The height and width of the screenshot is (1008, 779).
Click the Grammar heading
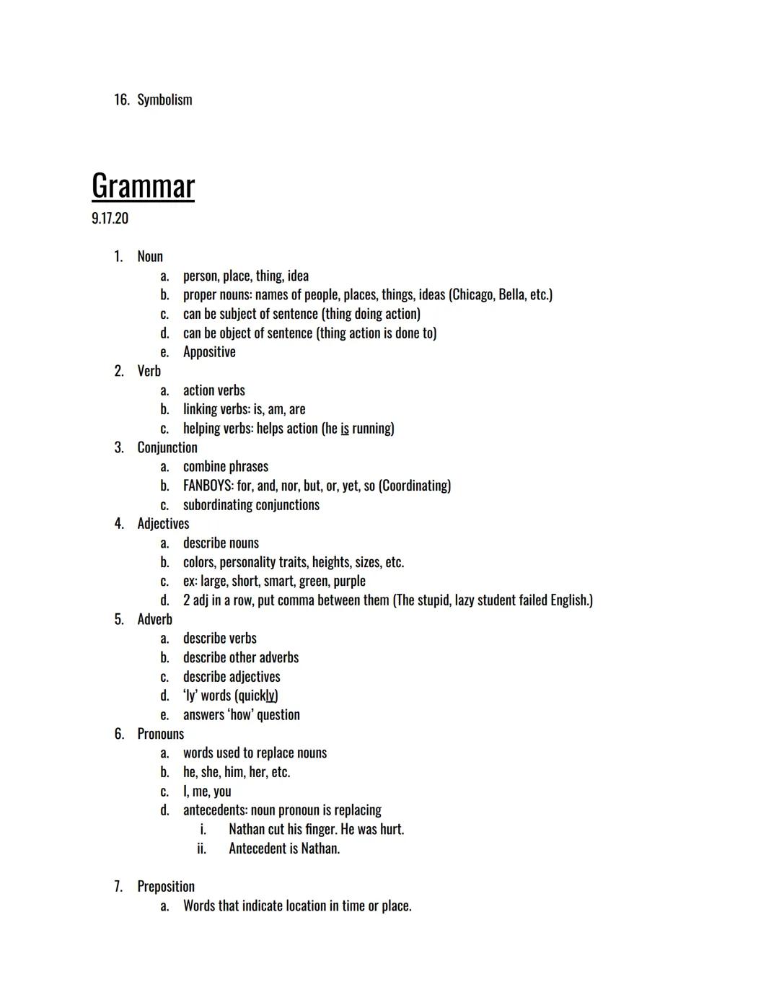(143, 186)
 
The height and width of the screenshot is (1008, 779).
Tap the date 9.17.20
(110, 218)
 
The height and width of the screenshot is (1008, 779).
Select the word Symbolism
(164, 100)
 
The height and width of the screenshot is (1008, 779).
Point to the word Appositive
(209, 352)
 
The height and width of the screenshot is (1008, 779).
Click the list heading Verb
(149, 371)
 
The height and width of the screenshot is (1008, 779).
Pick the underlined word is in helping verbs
(344, 429)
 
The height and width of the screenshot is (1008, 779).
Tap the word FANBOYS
(207, 486)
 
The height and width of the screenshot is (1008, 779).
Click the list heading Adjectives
(163, 524)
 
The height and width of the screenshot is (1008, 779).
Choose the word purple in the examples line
(349, 581)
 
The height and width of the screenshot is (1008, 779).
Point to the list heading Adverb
(154, 619)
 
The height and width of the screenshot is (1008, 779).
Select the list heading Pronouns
(160, 734)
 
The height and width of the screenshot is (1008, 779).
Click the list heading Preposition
(166, 887)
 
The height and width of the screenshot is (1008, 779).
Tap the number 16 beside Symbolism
(121, 100)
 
